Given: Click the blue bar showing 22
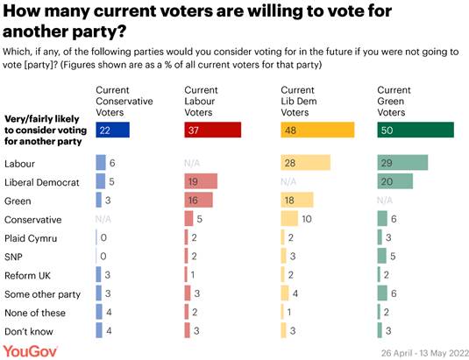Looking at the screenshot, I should tap(113, 131).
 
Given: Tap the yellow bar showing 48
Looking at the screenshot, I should tap(317, 131).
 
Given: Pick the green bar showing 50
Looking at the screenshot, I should tap(415, 131).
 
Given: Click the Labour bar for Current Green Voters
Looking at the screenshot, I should tap(402, 164).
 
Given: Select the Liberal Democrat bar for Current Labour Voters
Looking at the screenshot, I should tap(201, 182).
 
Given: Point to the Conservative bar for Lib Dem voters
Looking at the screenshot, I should tap(289, 219).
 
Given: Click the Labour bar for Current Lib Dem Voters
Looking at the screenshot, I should tap(305, 164).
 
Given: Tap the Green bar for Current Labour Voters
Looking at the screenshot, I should tap(198, 201).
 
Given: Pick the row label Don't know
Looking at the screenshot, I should tap(29, 332).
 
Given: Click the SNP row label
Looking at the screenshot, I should tap(15, 257).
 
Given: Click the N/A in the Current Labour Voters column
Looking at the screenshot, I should tap(193, 164).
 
